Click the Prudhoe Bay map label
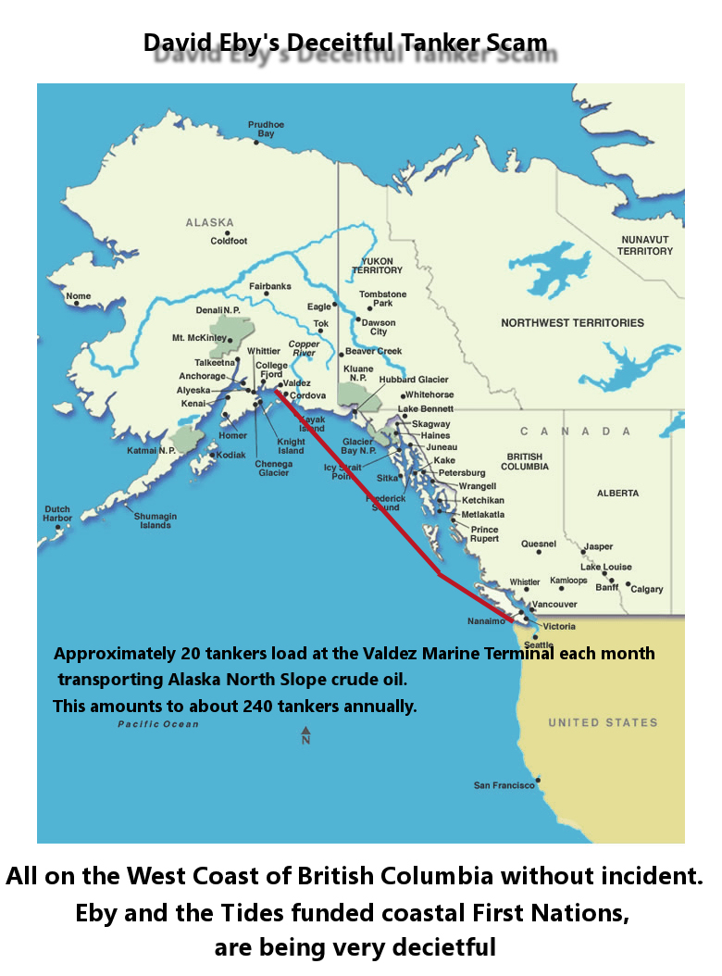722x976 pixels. [x=266, y=129]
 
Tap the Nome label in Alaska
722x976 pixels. [x=78, y=296]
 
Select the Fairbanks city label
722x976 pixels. [x=269, y=286]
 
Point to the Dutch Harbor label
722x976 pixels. [x=56, y=513]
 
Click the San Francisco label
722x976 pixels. [x=504, y=785]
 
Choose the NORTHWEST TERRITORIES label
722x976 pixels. [x=572, y=323]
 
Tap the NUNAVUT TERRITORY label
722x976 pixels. [x=646, y=245]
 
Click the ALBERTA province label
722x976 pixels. [x=618, y=493]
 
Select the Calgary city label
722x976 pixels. [x=646, y=589]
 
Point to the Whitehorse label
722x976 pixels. [x=429, y=394]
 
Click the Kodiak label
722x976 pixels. [x=230, y=455]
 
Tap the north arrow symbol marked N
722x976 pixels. [x=305, y=736]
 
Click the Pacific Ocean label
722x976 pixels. [x=157, y=724]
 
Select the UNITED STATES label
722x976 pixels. [x=603, y=722]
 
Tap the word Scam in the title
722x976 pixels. [x=512, y=43]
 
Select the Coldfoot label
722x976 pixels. [x=229, y=241]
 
